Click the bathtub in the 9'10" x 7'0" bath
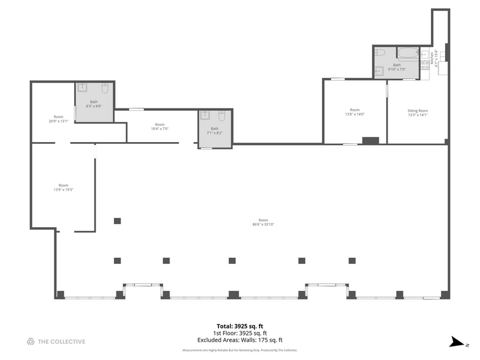point(407,53)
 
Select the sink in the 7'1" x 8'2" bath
point(206,115)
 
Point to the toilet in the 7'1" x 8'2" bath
point(223,115)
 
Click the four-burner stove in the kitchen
point(424,66)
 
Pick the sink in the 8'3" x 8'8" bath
point(82,87)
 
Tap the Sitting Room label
point(418,111)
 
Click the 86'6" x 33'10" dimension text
point(263,225)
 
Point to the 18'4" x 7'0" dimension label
point(159,129)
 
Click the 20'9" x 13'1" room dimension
point(58,121)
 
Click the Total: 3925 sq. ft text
point(239,326)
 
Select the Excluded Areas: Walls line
point(239,340)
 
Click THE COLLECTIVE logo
point(56,342)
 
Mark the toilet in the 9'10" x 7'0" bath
point(380,52)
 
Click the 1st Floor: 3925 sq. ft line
point(239,333)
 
